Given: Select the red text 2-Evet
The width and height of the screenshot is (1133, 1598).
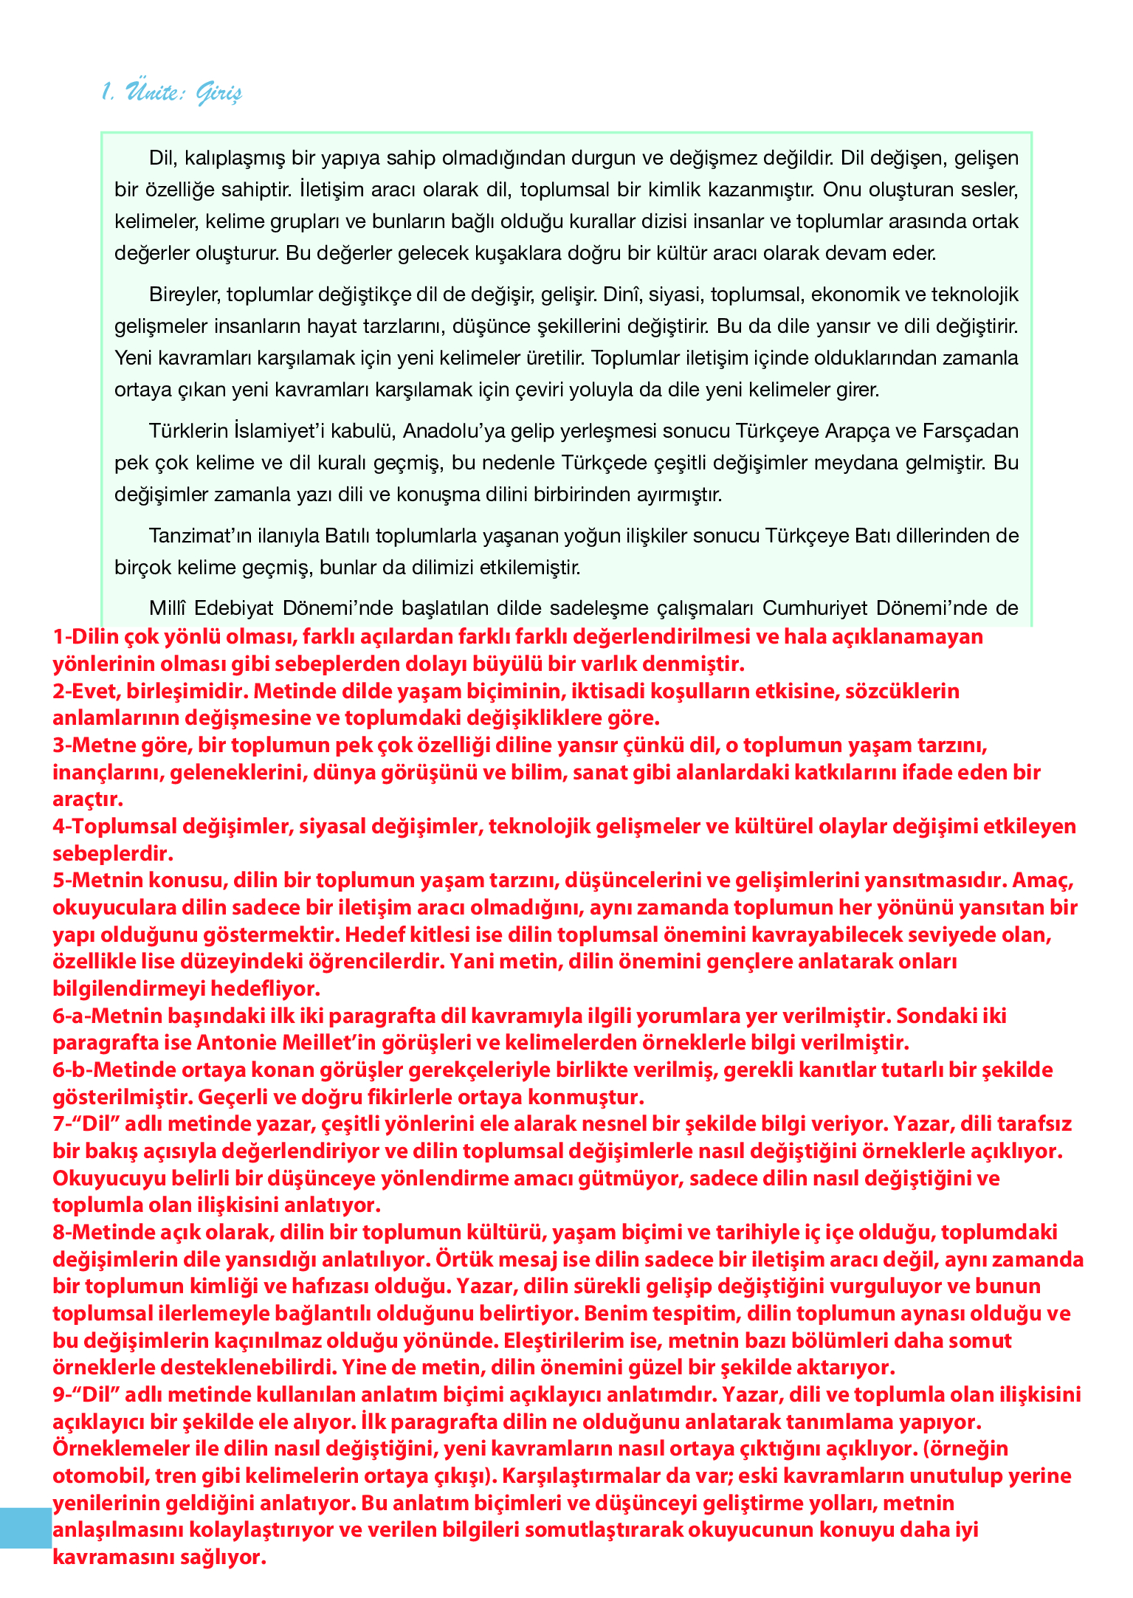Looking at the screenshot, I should tap(86, 691).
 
